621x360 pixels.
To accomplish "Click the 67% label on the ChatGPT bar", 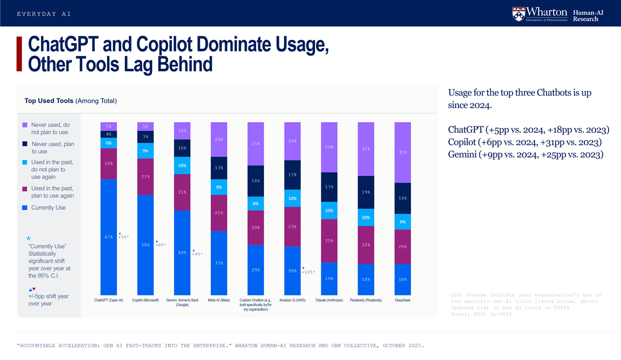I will click(109, 237).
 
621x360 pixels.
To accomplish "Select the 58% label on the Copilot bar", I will click(145, 245).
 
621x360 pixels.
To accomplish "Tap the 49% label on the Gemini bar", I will click(182, 253).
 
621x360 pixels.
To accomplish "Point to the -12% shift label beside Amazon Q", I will click(308, 272).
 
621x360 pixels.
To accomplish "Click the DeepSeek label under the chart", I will click(403, 300).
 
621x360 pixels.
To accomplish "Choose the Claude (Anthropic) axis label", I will click(329, 300).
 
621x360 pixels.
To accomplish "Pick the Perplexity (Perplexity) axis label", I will click(366, 300).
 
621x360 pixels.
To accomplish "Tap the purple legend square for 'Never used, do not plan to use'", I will click(25, 125).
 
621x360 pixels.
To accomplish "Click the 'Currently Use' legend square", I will click(25, 208).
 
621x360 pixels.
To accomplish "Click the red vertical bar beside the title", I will click(19, 54).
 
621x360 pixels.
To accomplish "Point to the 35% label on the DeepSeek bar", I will click(403, 153).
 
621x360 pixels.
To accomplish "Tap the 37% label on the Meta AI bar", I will click(219, 263).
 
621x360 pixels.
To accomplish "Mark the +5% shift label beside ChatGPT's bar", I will click(123, 237).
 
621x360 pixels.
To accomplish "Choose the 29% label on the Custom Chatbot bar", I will click(256, 270).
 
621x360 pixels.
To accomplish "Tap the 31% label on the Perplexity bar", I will click(366, 149).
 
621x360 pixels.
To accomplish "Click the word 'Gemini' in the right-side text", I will click(463, 155).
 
